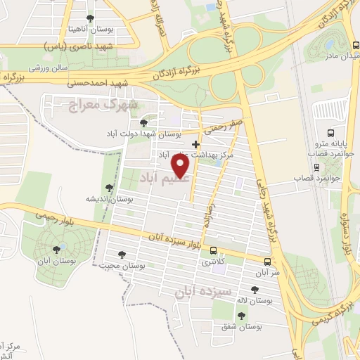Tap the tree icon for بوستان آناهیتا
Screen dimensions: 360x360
[89, 18]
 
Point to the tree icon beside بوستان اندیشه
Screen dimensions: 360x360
[109, 188]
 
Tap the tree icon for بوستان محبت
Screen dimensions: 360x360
[123, 255]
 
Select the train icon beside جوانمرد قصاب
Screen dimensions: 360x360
[317, 167]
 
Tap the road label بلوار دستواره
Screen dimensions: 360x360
[347, 226]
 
